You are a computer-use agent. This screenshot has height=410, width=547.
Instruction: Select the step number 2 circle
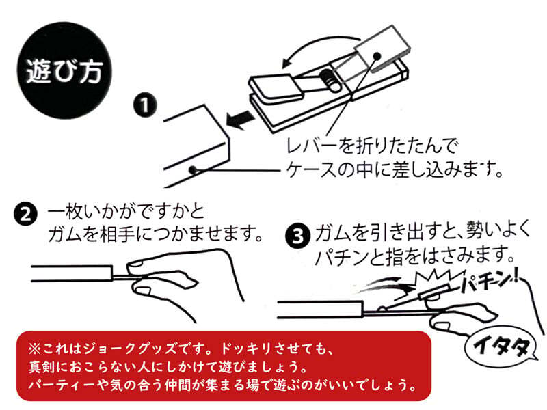[x=25, y=217]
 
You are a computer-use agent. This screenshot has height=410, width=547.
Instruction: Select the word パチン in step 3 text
[x=345, y=258]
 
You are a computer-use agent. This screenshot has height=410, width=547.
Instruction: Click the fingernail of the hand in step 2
[x=141, y=262]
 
